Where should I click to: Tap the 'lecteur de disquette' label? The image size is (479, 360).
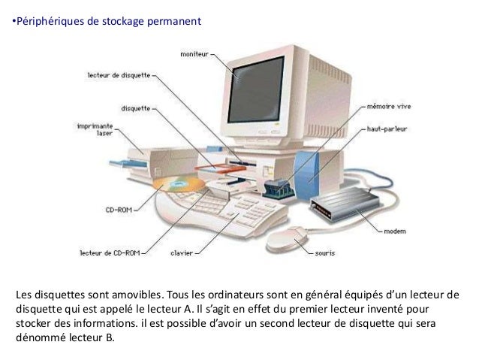[x=119, y=75]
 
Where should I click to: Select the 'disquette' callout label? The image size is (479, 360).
[x=135, y=107]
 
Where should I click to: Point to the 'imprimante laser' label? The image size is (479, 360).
[x=94, y=130]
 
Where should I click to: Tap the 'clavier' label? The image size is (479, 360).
[x=182, y=253]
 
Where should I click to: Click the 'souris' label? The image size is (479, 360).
[x=324, y=253]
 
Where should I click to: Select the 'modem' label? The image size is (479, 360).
[x=395, y=231]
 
